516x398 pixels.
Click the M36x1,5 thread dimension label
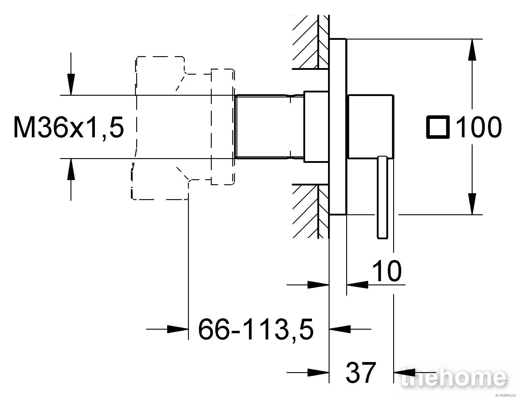click(x=69, y=127)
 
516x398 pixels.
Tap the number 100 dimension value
click(x=479, y=127)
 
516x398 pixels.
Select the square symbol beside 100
click(x=438, y=127)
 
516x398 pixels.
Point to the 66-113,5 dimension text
click(x=256, y=329)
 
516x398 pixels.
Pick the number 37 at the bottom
click(x=360, y=372)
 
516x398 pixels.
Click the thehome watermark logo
click(x=454, y=377)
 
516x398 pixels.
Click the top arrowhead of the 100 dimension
click(x=472, y=49)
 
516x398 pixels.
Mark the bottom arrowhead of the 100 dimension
click(x=472, y=204)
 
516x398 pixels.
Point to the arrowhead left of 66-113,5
click(x=178, y=329)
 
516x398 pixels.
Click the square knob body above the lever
click(x=371, y=126)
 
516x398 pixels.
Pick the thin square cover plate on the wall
click(x=338, y=127)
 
